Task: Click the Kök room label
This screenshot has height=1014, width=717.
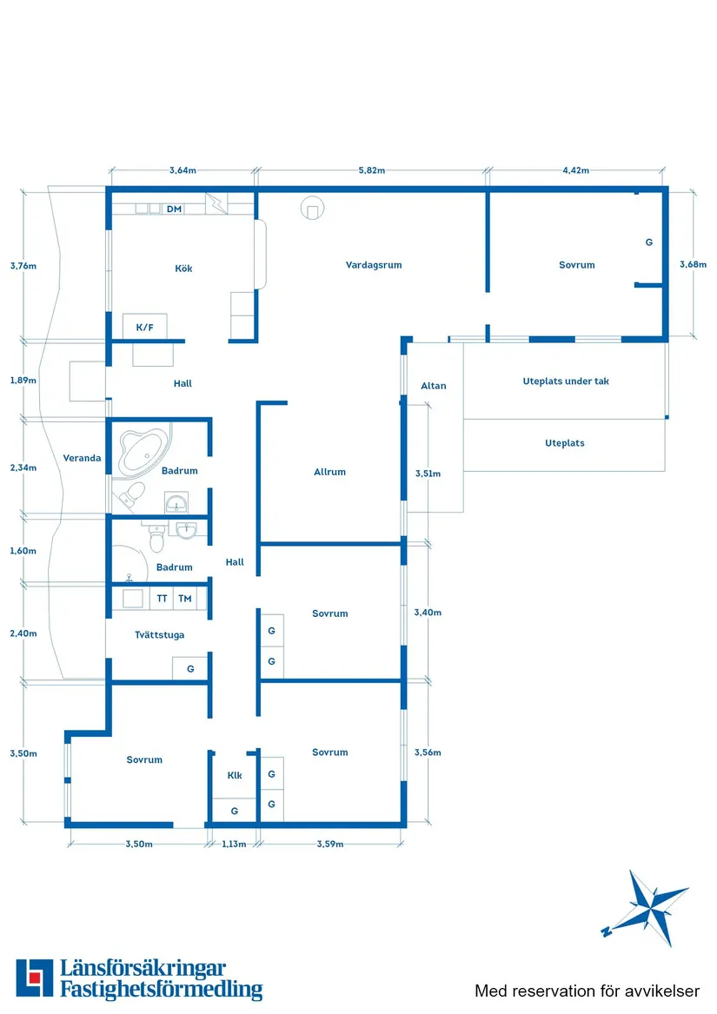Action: pyautogui.click(x=183, y=268)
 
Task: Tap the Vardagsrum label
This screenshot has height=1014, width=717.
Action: pyautogui.click(x=374, y=265)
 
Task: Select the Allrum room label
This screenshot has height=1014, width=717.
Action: pyautogui.click(x=329, y=472)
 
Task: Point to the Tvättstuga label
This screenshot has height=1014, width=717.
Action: pyautogui.click(x=159, y=635)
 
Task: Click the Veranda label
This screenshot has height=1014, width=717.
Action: pyautogui.click(x=83, y=458)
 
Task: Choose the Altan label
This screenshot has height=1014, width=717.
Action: pyautogui.click(x=433, y=386)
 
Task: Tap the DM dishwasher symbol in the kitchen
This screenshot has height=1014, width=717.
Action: pyautogui.click(x=174, y=209)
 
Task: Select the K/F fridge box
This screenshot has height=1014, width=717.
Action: pyautogui.click(x=144, y=327)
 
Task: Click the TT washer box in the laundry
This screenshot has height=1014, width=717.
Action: pyautogui.click(x=162, y=599)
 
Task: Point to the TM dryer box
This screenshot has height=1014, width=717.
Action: pyautogui.click(x=185, y=599)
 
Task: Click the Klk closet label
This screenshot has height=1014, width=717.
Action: pyautogui.click(x=235, y=775)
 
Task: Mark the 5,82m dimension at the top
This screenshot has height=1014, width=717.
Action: pyautogui.click(x=372, y=170)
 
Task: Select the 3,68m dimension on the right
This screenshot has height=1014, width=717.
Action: pyautogui.click(x=693, y=264)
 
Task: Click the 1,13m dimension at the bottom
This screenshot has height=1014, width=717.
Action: pyautogui.click(x=234, y=844)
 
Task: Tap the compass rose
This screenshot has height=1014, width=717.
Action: pyautogui.click(x=647, y=907)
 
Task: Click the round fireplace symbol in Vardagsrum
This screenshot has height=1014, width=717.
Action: pyautogui.click(x=311, y=209)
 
